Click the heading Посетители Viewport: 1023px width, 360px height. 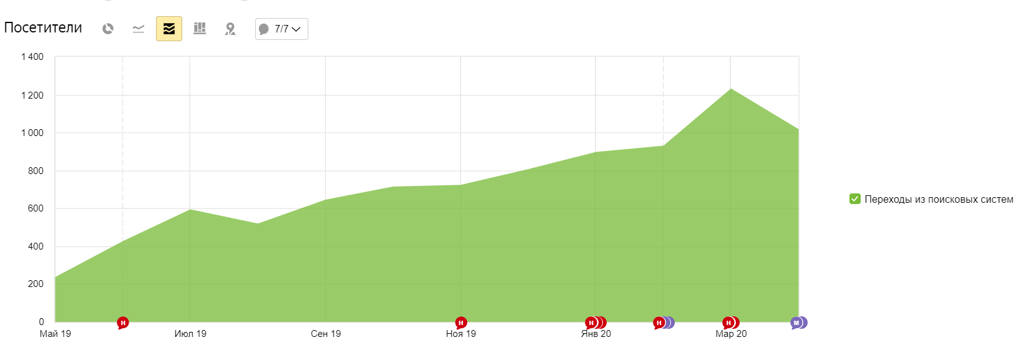click(43, 28)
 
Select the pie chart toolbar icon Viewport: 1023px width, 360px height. click(108, 29)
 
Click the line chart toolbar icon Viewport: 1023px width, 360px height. click(139, 29)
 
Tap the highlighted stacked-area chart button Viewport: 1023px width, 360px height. click(169, 29)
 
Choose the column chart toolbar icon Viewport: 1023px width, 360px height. click(200, 29)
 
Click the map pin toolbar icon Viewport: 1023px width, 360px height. click(230, 29)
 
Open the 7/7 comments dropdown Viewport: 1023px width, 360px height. click(281, 29)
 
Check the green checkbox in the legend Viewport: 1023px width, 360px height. click(855, 199)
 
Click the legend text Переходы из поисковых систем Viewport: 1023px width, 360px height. click(939, 200)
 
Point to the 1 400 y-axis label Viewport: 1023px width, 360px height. click(32, 57)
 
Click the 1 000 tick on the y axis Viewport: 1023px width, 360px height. click(32, 133)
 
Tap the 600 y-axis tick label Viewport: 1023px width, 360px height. click(36, 208)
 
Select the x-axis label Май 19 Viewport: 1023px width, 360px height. click(56, 334)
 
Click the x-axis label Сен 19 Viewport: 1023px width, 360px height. click(326, 334)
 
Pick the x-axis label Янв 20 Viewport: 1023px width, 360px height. click(596, 334)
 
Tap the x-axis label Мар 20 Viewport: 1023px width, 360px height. click(731, 334)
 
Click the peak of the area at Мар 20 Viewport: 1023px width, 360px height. click(730, 89)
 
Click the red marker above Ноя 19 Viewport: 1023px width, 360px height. click(461, 323)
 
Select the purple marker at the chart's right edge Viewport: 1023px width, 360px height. click(797, 323)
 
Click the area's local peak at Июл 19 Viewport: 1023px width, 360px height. click(190, 210)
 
